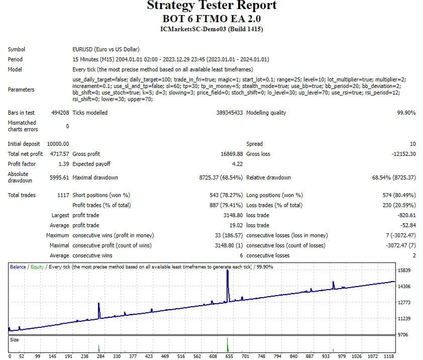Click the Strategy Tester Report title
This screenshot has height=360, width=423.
(212, 5)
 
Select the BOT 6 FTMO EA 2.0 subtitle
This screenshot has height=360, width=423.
(212, 19)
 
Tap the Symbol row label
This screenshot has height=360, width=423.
(17, 49)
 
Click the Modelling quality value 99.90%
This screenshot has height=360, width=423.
(406, 113)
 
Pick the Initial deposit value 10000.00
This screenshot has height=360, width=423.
(58, 144)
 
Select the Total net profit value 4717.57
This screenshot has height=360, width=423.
(60, 154)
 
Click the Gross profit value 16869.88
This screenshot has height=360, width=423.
(232, 154)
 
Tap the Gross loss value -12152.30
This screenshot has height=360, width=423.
(404, 154)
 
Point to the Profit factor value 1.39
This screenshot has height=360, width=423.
(64, 164)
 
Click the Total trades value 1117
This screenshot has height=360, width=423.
(63, 195)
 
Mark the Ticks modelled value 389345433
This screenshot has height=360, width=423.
(230, 113)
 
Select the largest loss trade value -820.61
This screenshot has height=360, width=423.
(406, 215)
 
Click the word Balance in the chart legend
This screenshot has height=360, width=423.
(18, 267)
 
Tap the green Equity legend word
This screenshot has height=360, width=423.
(37, 267)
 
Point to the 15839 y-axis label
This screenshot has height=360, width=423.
(404, 271)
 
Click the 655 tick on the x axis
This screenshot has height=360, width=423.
(229, 356)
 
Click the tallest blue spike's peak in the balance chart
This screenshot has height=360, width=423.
(228, 270)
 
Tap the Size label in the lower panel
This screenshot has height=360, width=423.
(14, 340)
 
